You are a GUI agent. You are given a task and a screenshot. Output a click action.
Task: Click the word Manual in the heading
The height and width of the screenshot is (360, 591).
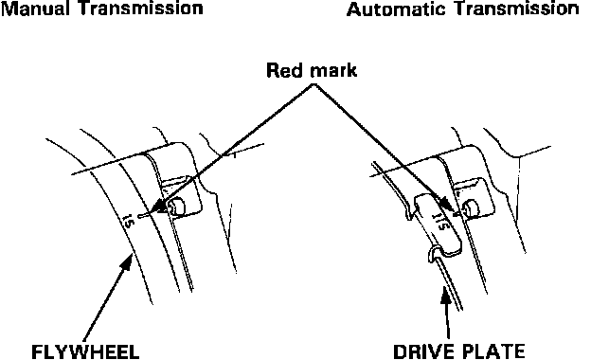point(39,9)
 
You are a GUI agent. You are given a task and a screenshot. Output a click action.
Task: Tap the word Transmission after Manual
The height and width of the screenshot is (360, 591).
point(143,9)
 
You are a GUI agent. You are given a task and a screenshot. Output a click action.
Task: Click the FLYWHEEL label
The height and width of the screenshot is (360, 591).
point(85,352)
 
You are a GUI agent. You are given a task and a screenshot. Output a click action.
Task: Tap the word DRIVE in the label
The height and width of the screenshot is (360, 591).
point(424,351)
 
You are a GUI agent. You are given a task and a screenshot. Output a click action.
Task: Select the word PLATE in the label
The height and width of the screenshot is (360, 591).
point(493,351)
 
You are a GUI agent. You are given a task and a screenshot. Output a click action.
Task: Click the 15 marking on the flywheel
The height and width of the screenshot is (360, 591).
point(129,221)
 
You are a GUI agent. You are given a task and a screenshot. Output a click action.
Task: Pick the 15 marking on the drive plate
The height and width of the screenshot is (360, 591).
point(440,221)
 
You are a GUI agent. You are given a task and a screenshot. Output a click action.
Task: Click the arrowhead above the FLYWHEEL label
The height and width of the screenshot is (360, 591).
point(127,262)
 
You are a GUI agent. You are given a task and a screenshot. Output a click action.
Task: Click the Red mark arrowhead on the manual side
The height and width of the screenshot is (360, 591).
point(161,207)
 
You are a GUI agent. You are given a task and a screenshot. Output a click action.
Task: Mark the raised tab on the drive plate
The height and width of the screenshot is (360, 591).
point(439,224)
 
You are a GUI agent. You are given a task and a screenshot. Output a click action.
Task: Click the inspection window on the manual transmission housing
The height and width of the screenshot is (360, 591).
point(182,197)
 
